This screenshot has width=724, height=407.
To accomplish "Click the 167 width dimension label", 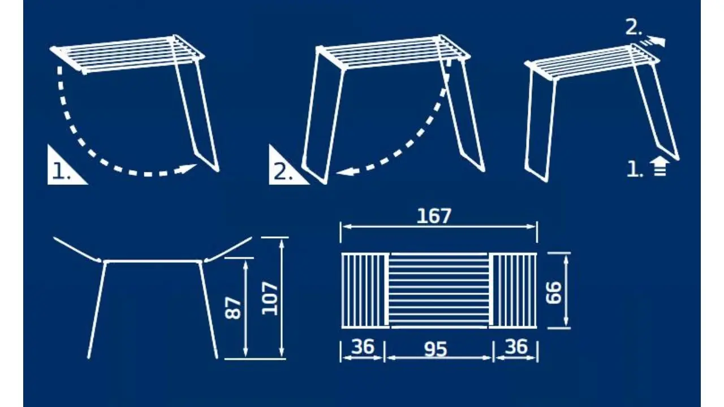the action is coord(434,216).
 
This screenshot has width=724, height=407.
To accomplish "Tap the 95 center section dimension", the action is coord(436,349).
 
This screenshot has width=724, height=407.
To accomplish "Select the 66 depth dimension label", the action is coord(554,293).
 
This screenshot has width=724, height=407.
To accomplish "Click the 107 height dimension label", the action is coord(270,298).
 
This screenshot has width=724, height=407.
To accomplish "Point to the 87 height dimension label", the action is coord(234,308).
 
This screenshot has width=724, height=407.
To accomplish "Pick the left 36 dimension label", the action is coord(363,347).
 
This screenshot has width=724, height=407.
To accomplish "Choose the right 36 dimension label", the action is coord(516,347).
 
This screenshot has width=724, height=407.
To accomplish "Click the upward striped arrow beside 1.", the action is coord(660,166).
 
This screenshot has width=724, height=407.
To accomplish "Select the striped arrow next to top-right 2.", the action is coord(652,42).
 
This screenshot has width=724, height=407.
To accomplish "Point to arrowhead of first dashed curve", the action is coord(187,169).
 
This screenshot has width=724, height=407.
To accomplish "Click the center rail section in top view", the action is coord(439,291).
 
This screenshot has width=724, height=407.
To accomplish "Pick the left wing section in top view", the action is coord(365,291).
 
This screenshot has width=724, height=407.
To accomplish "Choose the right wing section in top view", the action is coord(512,291).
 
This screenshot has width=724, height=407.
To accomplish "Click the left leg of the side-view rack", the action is coord(97,310).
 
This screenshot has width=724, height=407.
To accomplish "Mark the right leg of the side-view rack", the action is coord(209,310).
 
